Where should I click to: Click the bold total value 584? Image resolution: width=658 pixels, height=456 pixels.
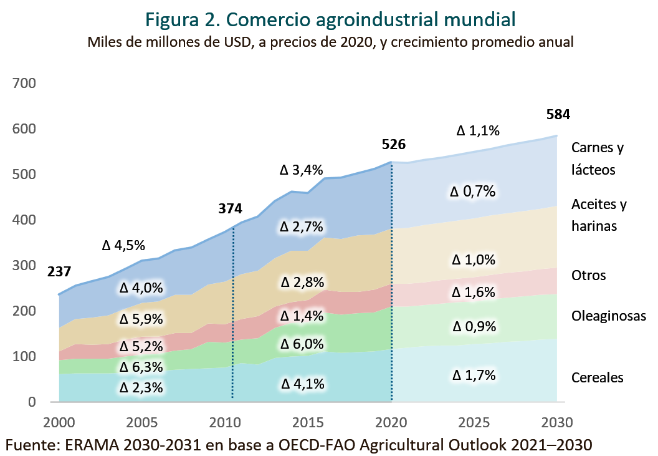pyautogui.click(x=558, y=114)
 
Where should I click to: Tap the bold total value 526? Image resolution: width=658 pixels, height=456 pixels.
pyautogui.click(x=394, y=145)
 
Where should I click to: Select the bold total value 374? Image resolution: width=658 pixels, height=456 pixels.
pyautogui.click(x=230, y=208)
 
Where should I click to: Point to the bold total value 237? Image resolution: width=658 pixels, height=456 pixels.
pyautogui.click(x=59, y=272)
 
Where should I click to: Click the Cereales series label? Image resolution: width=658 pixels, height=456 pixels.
pyautogui.click(x=597, y=377)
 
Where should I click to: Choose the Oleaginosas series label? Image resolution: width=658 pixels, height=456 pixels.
pyautogui.click(x=609, y=316)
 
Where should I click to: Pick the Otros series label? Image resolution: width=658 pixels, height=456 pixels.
pyautogui.click(x=588, y=275)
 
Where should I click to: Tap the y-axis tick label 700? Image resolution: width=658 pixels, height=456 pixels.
pyautogui.click(x=24, y=83)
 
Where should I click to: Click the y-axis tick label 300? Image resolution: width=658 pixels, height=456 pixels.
pyautogui.click(x=24, y=265)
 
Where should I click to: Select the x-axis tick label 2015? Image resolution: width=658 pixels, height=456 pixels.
pyautogui.click(x=308, y=422)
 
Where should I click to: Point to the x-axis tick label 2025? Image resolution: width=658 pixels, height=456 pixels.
pyautogui.click(x=474, y=422)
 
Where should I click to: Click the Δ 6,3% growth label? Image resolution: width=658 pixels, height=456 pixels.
pyautogui.click(x=141, y=367)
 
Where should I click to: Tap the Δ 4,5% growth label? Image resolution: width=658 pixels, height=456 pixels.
pyautogui.click(x=123, y=245)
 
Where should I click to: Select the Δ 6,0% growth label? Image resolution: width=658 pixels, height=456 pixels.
pyautogui.click(x=302, y=344)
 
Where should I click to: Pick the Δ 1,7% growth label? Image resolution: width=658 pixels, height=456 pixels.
pyautogui.click(x=474, y=375)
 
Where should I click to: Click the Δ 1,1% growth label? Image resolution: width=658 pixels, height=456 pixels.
pyautogui.click(x=478, y=131)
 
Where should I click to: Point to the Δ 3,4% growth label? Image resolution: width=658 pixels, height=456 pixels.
pyautogui.click(x=302, y=170)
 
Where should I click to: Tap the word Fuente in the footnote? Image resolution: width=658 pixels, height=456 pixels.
pyautogui.click(x=31, y=445)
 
